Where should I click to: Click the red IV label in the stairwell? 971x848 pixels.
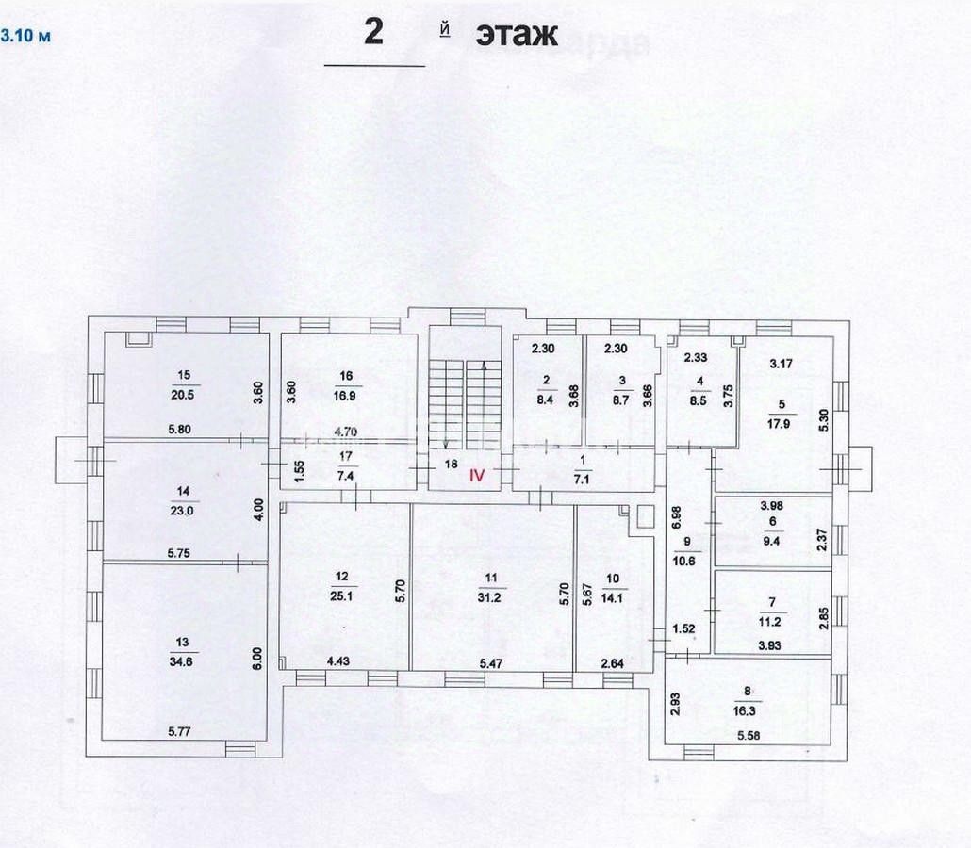tap(477, 477)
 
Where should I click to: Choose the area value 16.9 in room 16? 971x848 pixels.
tap(346, 396)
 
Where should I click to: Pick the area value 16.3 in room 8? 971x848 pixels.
tap(749, 715)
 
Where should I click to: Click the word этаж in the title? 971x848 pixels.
tap(517, 35)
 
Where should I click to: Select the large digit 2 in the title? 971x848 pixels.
tap(374, 33)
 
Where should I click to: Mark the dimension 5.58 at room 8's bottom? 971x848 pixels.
tap(749, 735)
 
